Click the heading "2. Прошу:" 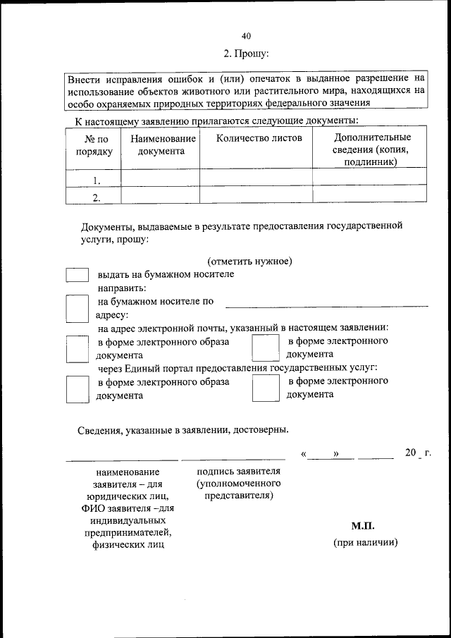point(246,53)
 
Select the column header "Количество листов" point(259,138)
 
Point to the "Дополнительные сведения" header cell point(371,149)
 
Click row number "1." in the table point(96,180)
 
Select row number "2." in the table point(96,197)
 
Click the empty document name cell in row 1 point(160,178)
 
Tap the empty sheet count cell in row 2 point(256,195)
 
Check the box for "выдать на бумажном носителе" point(77,276)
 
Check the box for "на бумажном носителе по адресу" point(77,308)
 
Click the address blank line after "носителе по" point(326,304)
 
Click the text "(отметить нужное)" point(249,262)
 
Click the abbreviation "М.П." point(363,526)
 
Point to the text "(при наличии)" point(365,543)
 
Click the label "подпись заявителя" point(239,472)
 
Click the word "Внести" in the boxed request point(85,80)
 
